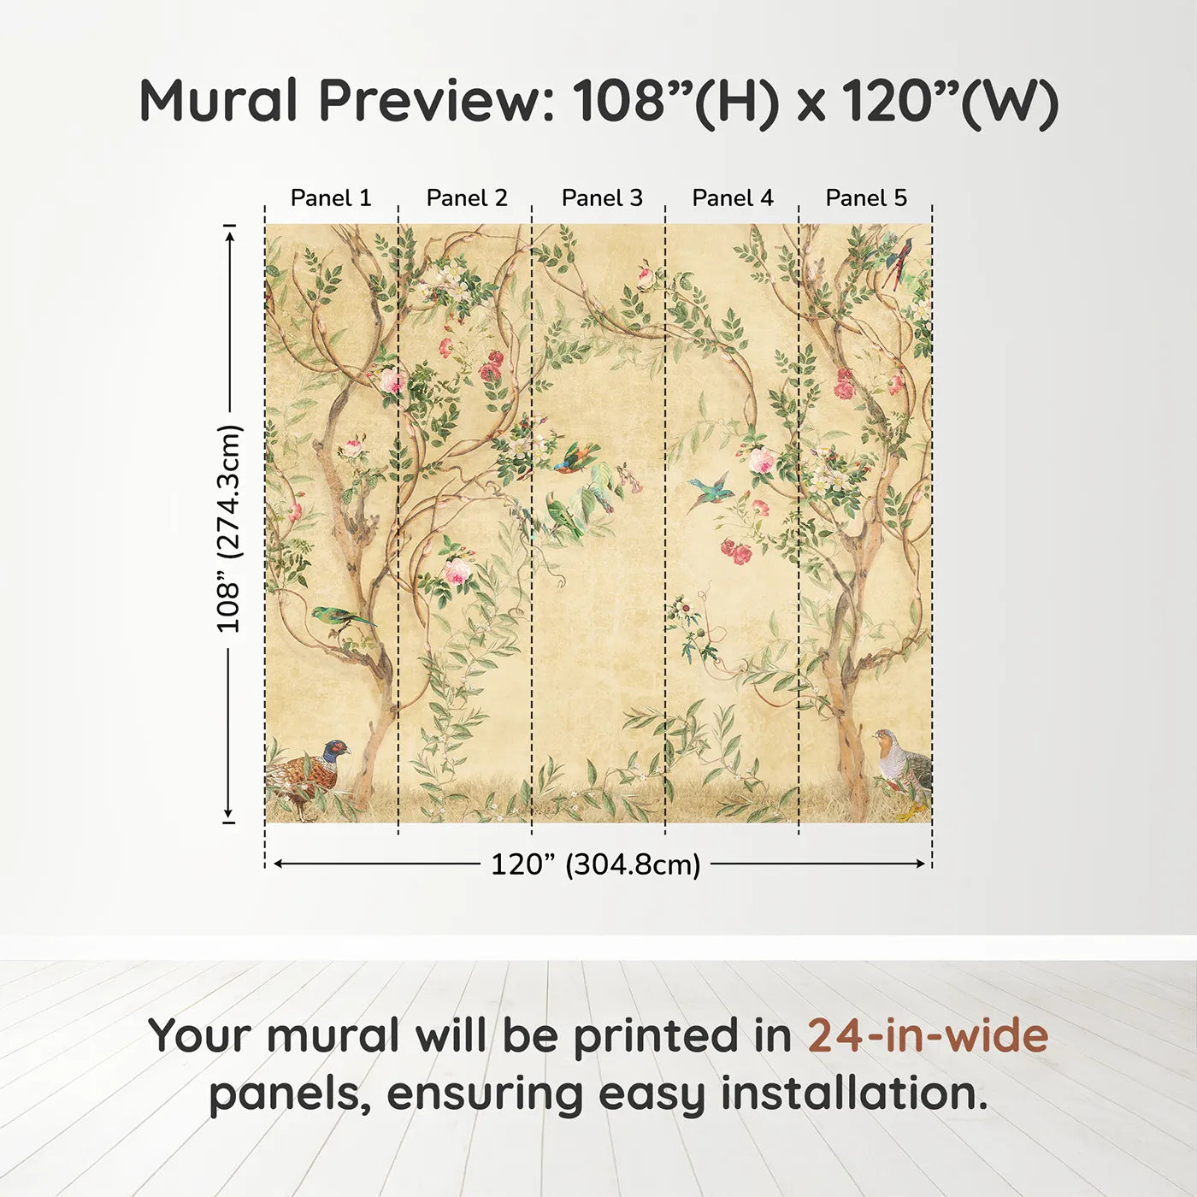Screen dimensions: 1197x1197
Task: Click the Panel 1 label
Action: pyautogui.click(x=331, y=198)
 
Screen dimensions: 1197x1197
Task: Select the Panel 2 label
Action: pyautogui.click(x=467, y=198)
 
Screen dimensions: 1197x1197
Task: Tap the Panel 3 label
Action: pyautogui.click(x=602, y=198)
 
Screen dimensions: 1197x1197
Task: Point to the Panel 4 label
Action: pyautogui.click(x=733, y=198)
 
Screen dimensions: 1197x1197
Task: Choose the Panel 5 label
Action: pyautogui.click(x=866, y=198)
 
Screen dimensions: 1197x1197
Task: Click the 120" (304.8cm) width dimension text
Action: pyautogui.click(x=596, y=864)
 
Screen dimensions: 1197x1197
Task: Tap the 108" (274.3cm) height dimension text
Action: pyautogui.click(x=228, y=529)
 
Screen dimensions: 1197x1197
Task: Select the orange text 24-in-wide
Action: pyautogui.click(x=928, y=1035)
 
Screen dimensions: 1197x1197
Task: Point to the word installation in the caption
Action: pyautogui.click(x=853, y=1094)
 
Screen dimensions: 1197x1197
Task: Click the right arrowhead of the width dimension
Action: pyautogui.click(x=921, y=864)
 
